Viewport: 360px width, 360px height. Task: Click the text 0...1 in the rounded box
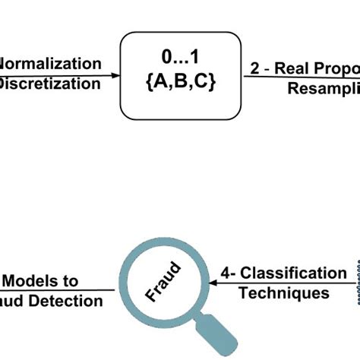coord(180,55)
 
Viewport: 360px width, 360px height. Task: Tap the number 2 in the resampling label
coord(255,68)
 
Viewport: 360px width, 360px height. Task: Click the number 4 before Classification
coord(225,273)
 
